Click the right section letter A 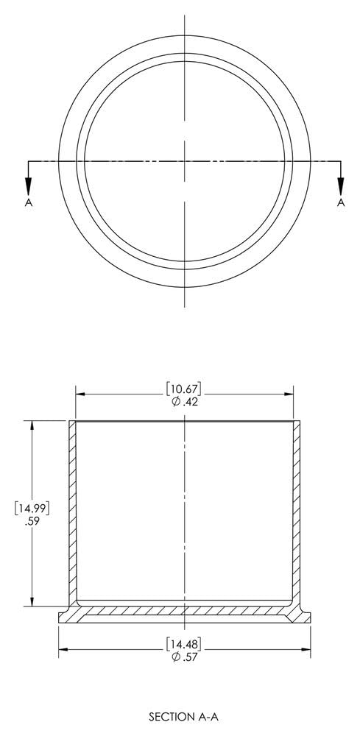341,202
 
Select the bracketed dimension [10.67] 185,389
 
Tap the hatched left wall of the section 73,515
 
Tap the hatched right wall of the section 297,515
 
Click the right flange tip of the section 307,618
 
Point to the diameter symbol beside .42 176,401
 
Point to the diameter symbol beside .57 176,658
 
